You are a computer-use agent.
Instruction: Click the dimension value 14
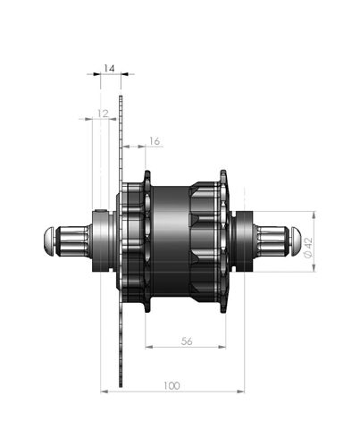pyautogui.click(x=109, y=69)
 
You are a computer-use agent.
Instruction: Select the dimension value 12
pyautogui.click(x=103, y=114)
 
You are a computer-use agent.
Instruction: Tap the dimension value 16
pyautogui.click(x=155, y=141)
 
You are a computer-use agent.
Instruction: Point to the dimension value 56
pyautogui.click(x=187, y=341)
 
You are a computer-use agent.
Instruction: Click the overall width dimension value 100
pyautogui.click(x=172, y=386)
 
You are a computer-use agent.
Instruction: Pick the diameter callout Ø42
pyautogui.click(x=308, y=248)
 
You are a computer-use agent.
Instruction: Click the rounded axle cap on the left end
pyautogui.click(x=49, y=241)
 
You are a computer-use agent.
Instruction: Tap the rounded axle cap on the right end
pyautogui.click(x=296, y=241)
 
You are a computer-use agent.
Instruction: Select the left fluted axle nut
pyautogui.click(x=73, y=241)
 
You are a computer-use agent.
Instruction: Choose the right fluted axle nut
pyautogui.click(x=272, y=241)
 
